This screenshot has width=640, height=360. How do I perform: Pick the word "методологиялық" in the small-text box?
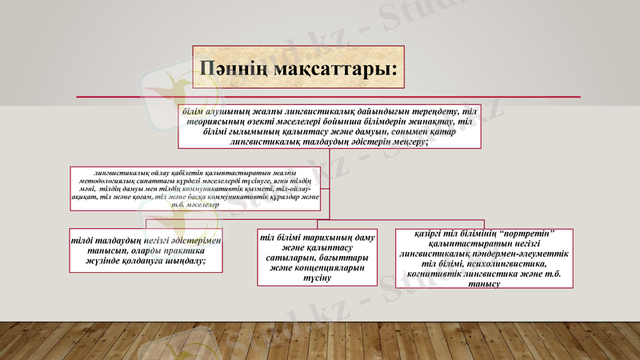(110, 182)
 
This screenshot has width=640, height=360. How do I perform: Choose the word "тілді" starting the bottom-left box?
(85, 240)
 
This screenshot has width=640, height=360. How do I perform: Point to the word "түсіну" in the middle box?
(317, 279)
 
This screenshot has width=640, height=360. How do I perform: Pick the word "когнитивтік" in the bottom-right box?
(437, 274)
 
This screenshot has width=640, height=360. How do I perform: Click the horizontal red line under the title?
(320, 98)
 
